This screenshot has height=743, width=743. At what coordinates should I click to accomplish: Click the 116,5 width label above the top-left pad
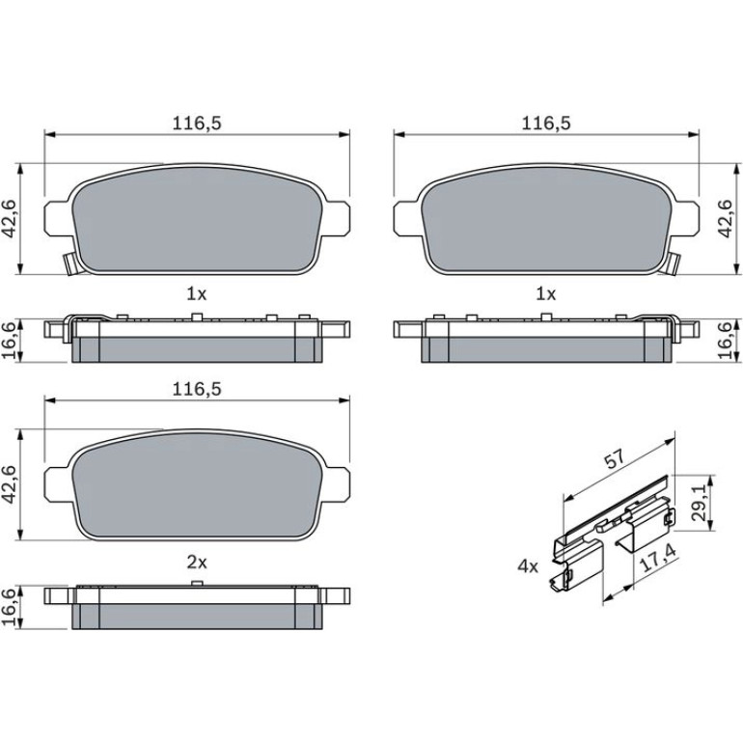click(x=197, y=124)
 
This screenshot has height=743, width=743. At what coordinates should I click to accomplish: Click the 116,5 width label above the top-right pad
click(x=546, y=124)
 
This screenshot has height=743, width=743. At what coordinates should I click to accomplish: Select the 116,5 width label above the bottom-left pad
click(x=197, y=390)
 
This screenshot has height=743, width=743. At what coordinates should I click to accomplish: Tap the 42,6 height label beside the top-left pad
click(x=11, y=218)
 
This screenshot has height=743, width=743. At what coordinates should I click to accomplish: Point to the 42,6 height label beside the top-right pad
click(x=726, y=218)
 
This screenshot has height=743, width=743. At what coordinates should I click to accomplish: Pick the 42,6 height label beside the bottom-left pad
click(x=11, y=484)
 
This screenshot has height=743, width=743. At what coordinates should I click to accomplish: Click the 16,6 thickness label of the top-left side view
click(x=11, y=340)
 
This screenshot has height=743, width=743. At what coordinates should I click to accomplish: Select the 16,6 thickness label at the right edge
click(x=726, y=340)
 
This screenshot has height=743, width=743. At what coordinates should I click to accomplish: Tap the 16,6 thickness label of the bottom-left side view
click(x=11, y=608)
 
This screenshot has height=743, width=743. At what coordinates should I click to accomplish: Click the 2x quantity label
click(x=197, y=563)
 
